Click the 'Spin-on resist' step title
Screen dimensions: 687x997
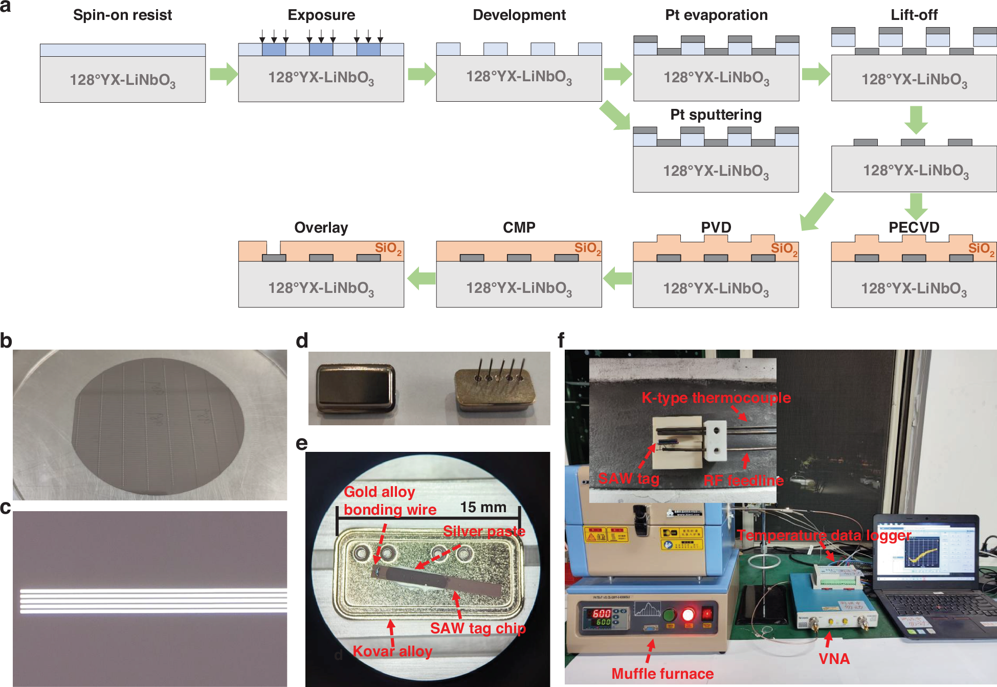(122, 15)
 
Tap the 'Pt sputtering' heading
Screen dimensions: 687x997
(716, 114)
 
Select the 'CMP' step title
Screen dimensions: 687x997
(519, 227)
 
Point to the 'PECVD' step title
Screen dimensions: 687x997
(914, 227)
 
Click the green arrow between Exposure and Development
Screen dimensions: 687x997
(421, 74)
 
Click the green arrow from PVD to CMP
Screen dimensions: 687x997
(617, 278)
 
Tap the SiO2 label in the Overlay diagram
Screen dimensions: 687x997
(388, 248)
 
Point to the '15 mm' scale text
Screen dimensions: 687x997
(483, 507)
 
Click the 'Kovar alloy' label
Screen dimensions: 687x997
(392, 651)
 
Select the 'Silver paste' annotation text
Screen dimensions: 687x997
(483, 531)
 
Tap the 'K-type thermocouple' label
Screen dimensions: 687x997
(716, 398)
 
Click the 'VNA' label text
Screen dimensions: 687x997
(834, 658)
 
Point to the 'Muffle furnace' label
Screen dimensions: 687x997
(662, 674)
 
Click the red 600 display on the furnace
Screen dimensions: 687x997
(601, 613)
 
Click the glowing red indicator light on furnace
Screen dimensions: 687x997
(688, 613)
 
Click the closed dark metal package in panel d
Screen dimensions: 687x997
(356, 388)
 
